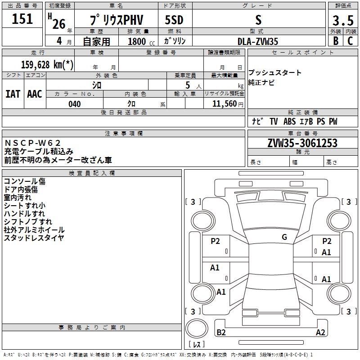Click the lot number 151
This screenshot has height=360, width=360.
pyautogui.click(x=22, y=19)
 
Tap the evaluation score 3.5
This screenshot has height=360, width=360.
pyautogui.click(x=342, y=21)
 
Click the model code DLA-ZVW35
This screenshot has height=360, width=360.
pyautogui.click(x=258, y=41)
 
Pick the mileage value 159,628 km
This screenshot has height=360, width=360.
pyautogui.click(x=47, y=64)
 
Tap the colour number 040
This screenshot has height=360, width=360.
pyautogui.click(x=75, y=104)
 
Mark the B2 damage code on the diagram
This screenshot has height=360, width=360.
pyautogui.click(x=221, y=332)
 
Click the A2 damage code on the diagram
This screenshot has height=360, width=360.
pyautogui.click(x=320, y=332)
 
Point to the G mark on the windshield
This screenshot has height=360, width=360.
pyautogui.click(x=284, y=237)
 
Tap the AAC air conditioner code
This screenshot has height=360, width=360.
pyautogui.click(x=35, y=94)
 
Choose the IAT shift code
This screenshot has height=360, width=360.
pyautogui.click(x=13, y=94)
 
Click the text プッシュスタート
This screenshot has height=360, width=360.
pyautogui.click(x=275, y=73)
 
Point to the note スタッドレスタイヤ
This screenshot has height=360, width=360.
pyautogui.click(x=34, y=238)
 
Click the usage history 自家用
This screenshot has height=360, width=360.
pyautogui.click(x=96, y=41)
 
